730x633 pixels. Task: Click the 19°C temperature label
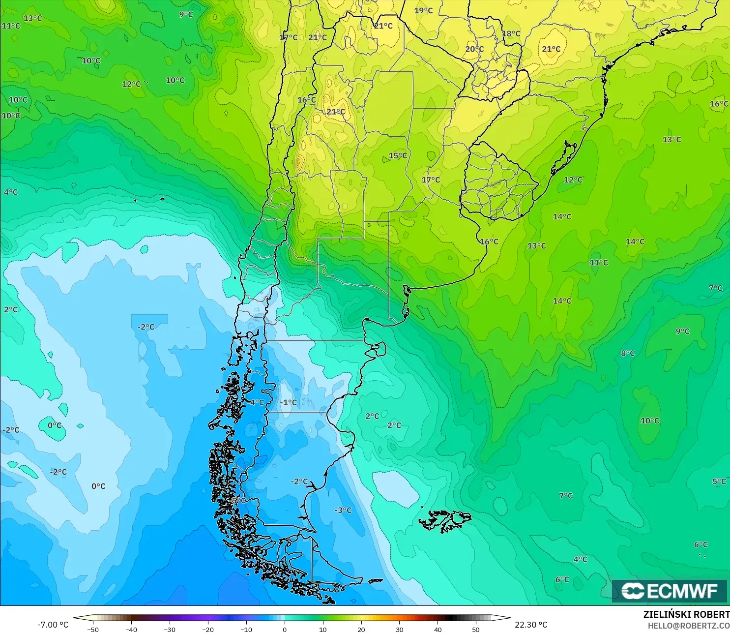423,11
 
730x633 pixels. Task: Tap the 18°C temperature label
511,34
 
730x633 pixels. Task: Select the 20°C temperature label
474,49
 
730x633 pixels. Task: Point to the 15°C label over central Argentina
398,156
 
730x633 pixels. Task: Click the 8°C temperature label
628,353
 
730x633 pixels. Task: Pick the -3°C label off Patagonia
343,511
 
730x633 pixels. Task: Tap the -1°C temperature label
289,402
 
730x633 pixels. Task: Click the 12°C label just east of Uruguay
573,180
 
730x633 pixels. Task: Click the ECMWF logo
669,591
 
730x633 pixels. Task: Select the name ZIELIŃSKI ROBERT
686,614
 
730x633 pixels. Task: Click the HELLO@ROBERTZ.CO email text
688,626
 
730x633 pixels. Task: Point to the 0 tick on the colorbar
285,629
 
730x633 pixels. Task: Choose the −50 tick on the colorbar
93,629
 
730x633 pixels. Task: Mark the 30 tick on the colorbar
399,629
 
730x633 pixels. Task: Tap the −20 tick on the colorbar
208,629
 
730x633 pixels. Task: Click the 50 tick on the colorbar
476,629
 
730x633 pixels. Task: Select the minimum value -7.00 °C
53,625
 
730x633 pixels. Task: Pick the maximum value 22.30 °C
531,625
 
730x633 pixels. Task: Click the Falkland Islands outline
445,520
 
